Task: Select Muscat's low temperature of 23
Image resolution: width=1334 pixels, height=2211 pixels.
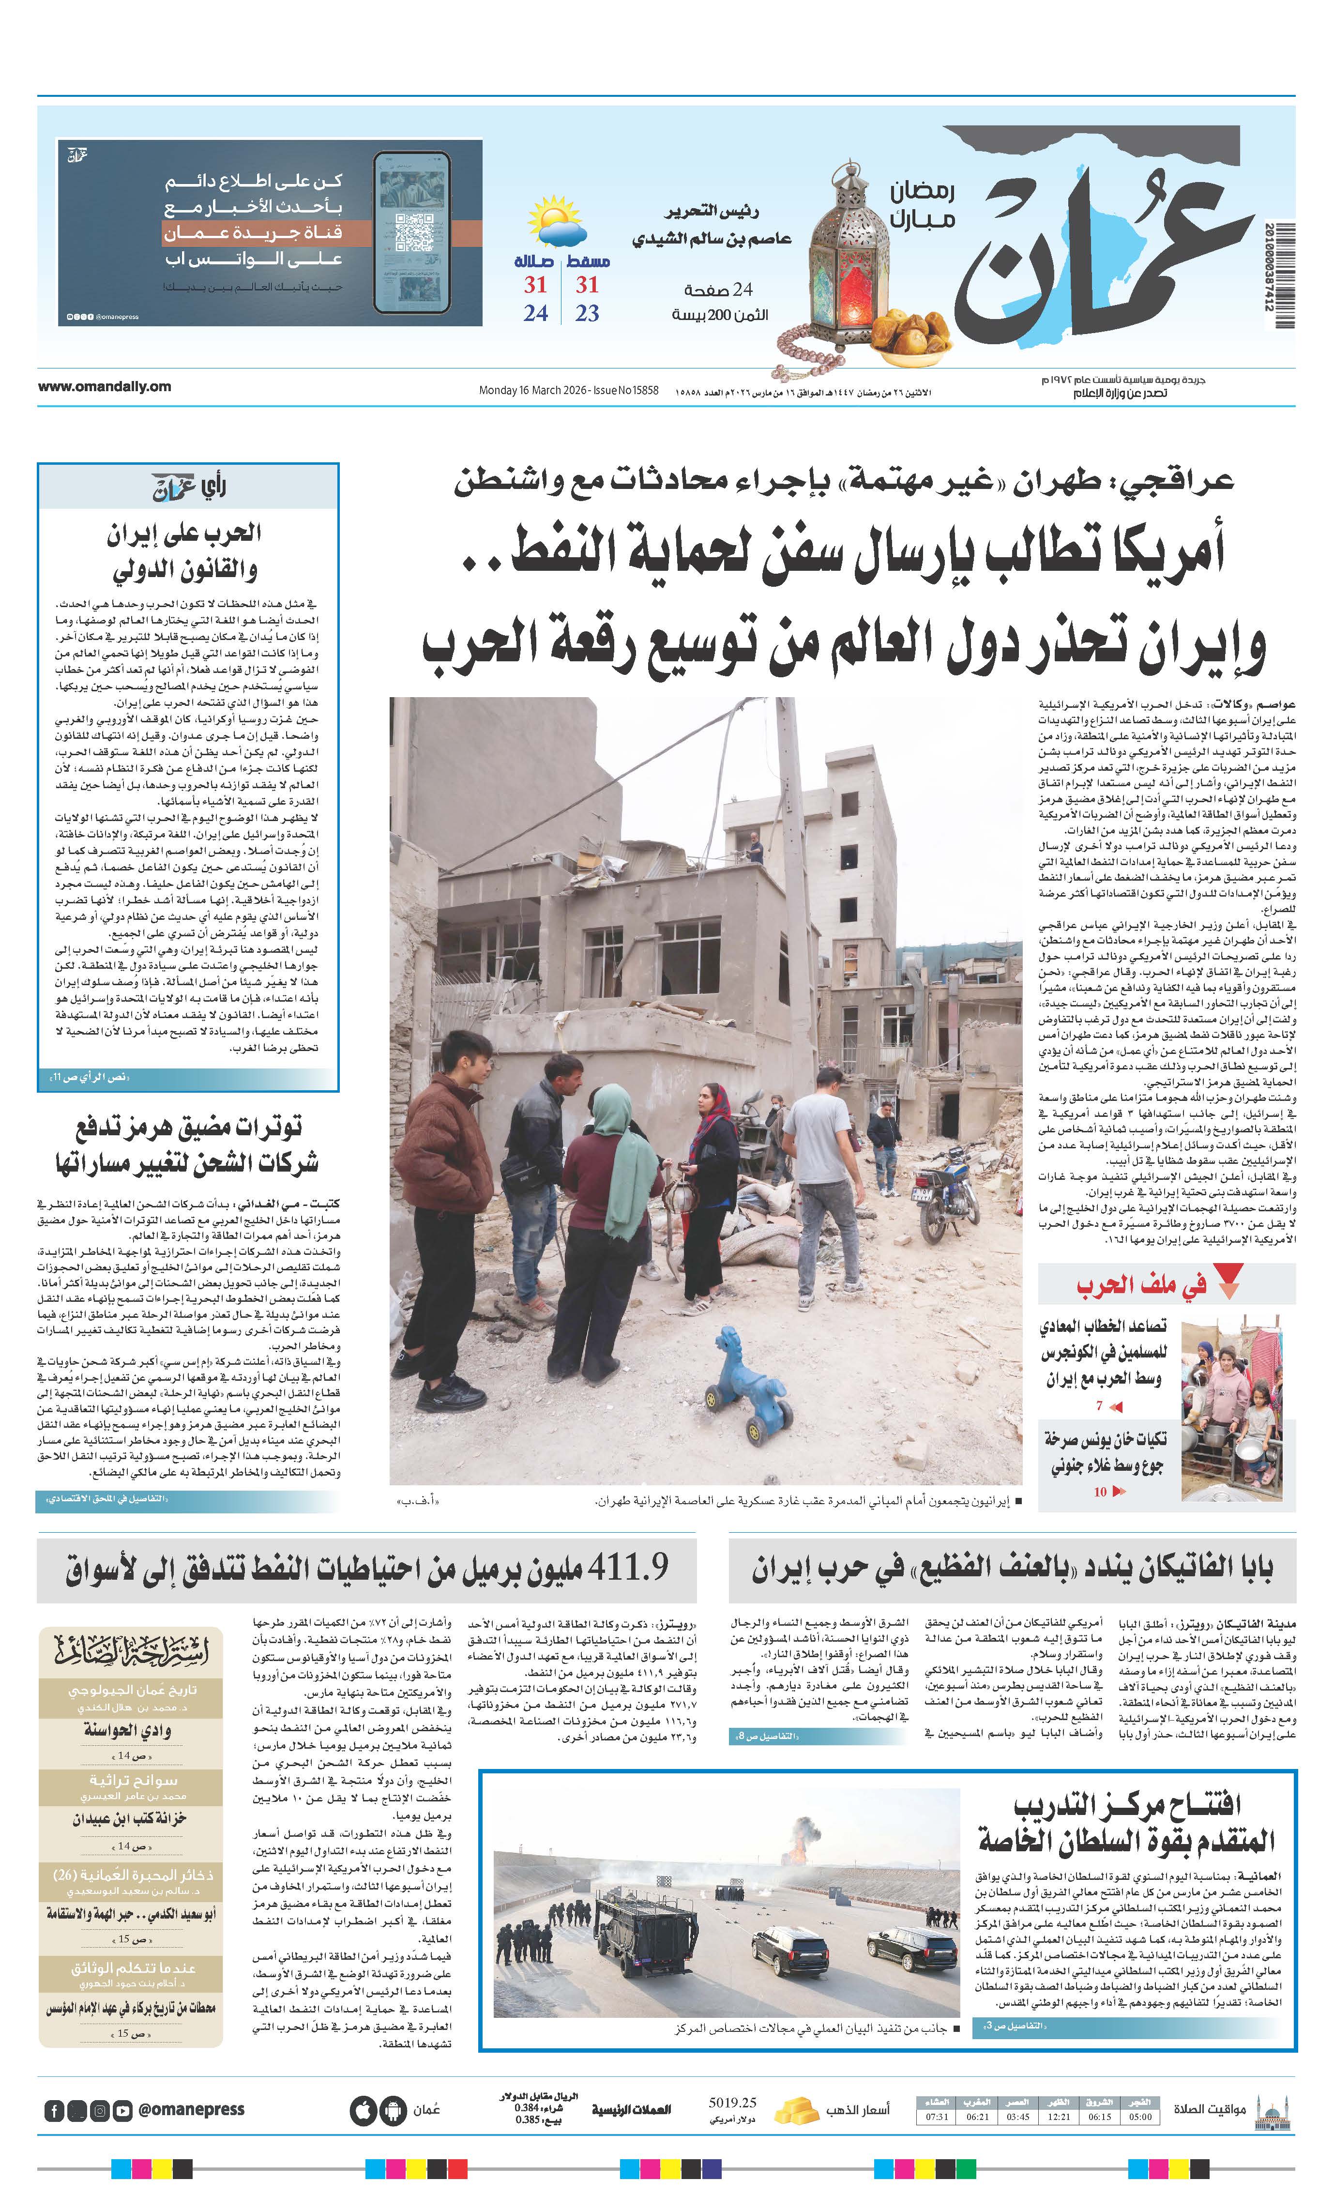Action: tap(587, 313)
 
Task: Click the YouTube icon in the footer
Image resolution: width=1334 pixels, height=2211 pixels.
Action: tap(122, 2110)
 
